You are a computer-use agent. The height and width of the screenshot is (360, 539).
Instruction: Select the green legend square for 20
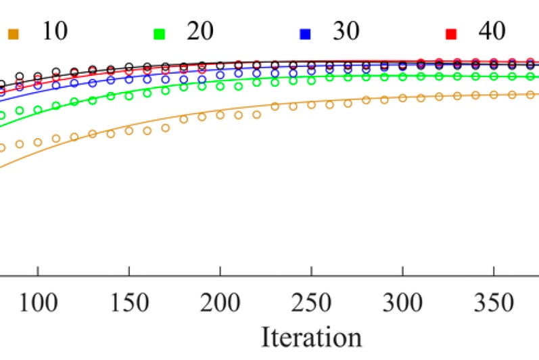(x=160, y=32)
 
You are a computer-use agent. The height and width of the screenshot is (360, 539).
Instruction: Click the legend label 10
(x=55, y=31)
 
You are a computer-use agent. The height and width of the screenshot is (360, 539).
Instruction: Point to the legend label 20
(x=201, y=31)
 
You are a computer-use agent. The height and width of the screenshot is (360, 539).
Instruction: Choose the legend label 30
(x=346, y=31)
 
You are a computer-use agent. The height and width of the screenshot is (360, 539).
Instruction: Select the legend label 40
(x=492, y=31)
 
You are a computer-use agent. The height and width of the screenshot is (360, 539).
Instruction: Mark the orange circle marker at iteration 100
(x=38, y=142)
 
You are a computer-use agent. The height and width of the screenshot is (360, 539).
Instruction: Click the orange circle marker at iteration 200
(x=220, y=115)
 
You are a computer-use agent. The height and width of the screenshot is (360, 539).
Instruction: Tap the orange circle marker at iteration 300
(x=402, y=98)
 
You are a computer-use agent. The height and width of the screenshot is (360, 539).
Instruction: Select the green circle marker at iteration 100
(x=38, y=109)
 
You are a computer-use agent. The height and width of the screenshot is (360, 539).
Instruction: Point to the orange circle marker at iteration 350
(x=494, y=95)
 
